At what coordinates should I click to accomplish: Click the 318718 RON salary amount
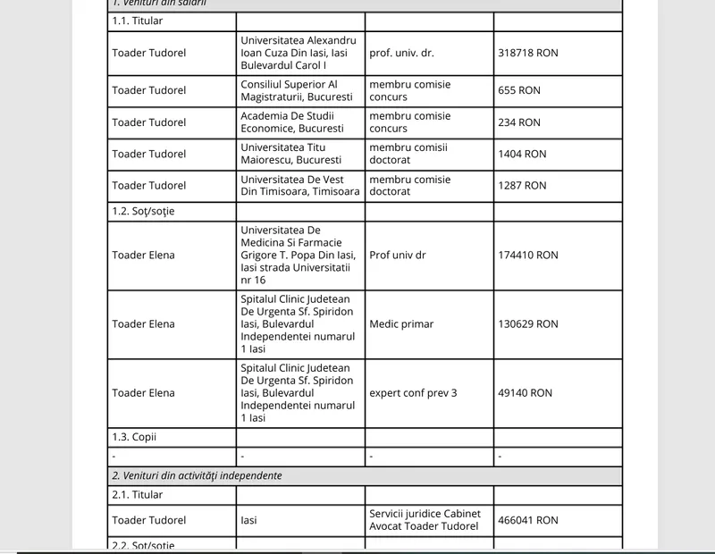(527, 53)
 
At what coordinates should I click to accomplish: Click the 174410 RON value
(527, 255)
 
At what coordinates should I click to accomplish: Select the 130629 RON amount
(527, 323)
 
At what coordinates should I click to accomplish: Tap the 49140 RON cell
(525, 392)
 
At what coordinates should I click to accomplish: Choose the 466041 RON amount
(527, 519)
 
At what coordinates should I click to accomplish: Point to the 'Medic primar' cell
(401, 323)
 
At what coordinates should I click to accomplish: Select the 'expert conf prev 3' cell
(413, 392)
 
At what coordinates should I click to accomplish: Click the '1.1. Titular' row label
(138, 21)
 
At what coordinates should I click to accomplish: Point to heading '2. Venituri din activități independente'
(197, 475)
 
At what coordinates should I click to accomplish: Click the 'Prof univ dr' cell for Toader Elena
(398, 255)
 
